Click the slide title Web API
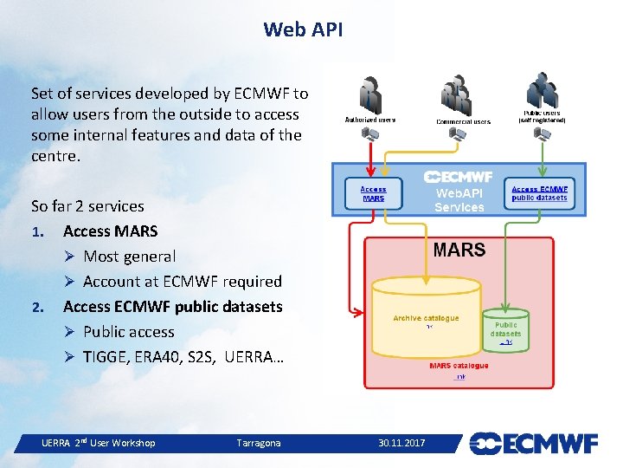pyautogui.click(x=303, y=29)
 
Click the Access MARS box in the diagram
pyautogui.click(x=373, y=192)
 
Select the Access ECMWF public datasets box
pyautogui.click(x=539, y=192)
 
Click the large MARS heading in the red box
pyautogui.click(x=459, y=250)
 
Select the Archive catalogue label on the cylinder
pyautogui.click(x=426, y=318)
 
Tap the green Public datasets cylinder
pyautogui.click(x=505, y=329)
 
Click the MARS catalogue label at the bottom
pyautogui.click(x=459, y=366)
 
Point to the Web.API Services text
pyautogui.click(x=459, y=201)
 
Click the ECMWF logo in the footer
pyautogui.click(x=533, y=443)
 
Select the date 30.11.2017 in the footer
pyautogui.click(x=401, y=443)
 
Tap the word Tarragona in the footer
pyautogui.click(x=259, y=443)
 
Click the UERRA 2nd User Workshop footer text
pyautogui.click(x=98, y=443)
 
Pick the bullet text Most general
pyautogui.click(x=129, y=257)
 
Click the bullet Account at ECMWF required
pyautogui.click(x=183, y=282)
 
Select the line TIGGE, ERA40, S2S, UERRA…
pyautogui.click(x=183, y=357)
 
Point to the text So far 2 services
pyautogui.click(x=87, y=206)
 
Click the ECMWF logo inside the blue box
pyautogui.click(x=459, y=177)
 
